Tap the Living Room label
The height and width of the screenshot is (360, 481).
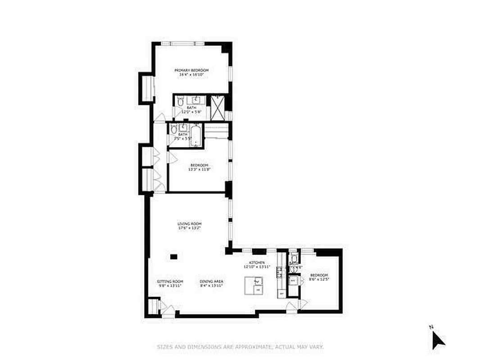pyautogui.click(x=189, y=224)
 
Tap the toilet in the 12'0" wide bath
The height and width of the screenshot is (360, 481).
pyautogui.click(x=180, y=102)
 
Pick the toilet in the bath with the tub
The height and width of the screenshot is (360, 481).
pyautogui.click(x=174, y=130)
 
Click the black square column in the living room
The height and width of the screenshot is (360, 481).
pyautogui.click(x=174, y=257)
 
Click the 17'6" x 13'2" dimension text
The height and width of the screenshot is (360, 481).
pyautogui.click(x=189, y=228)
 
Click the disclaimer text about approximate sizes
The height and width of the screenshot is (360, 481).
pyautogui.click(x=240, y=347)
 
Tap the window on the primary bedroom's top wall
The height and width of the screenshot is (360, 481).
pyautogui.click(x=183, y=43)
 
